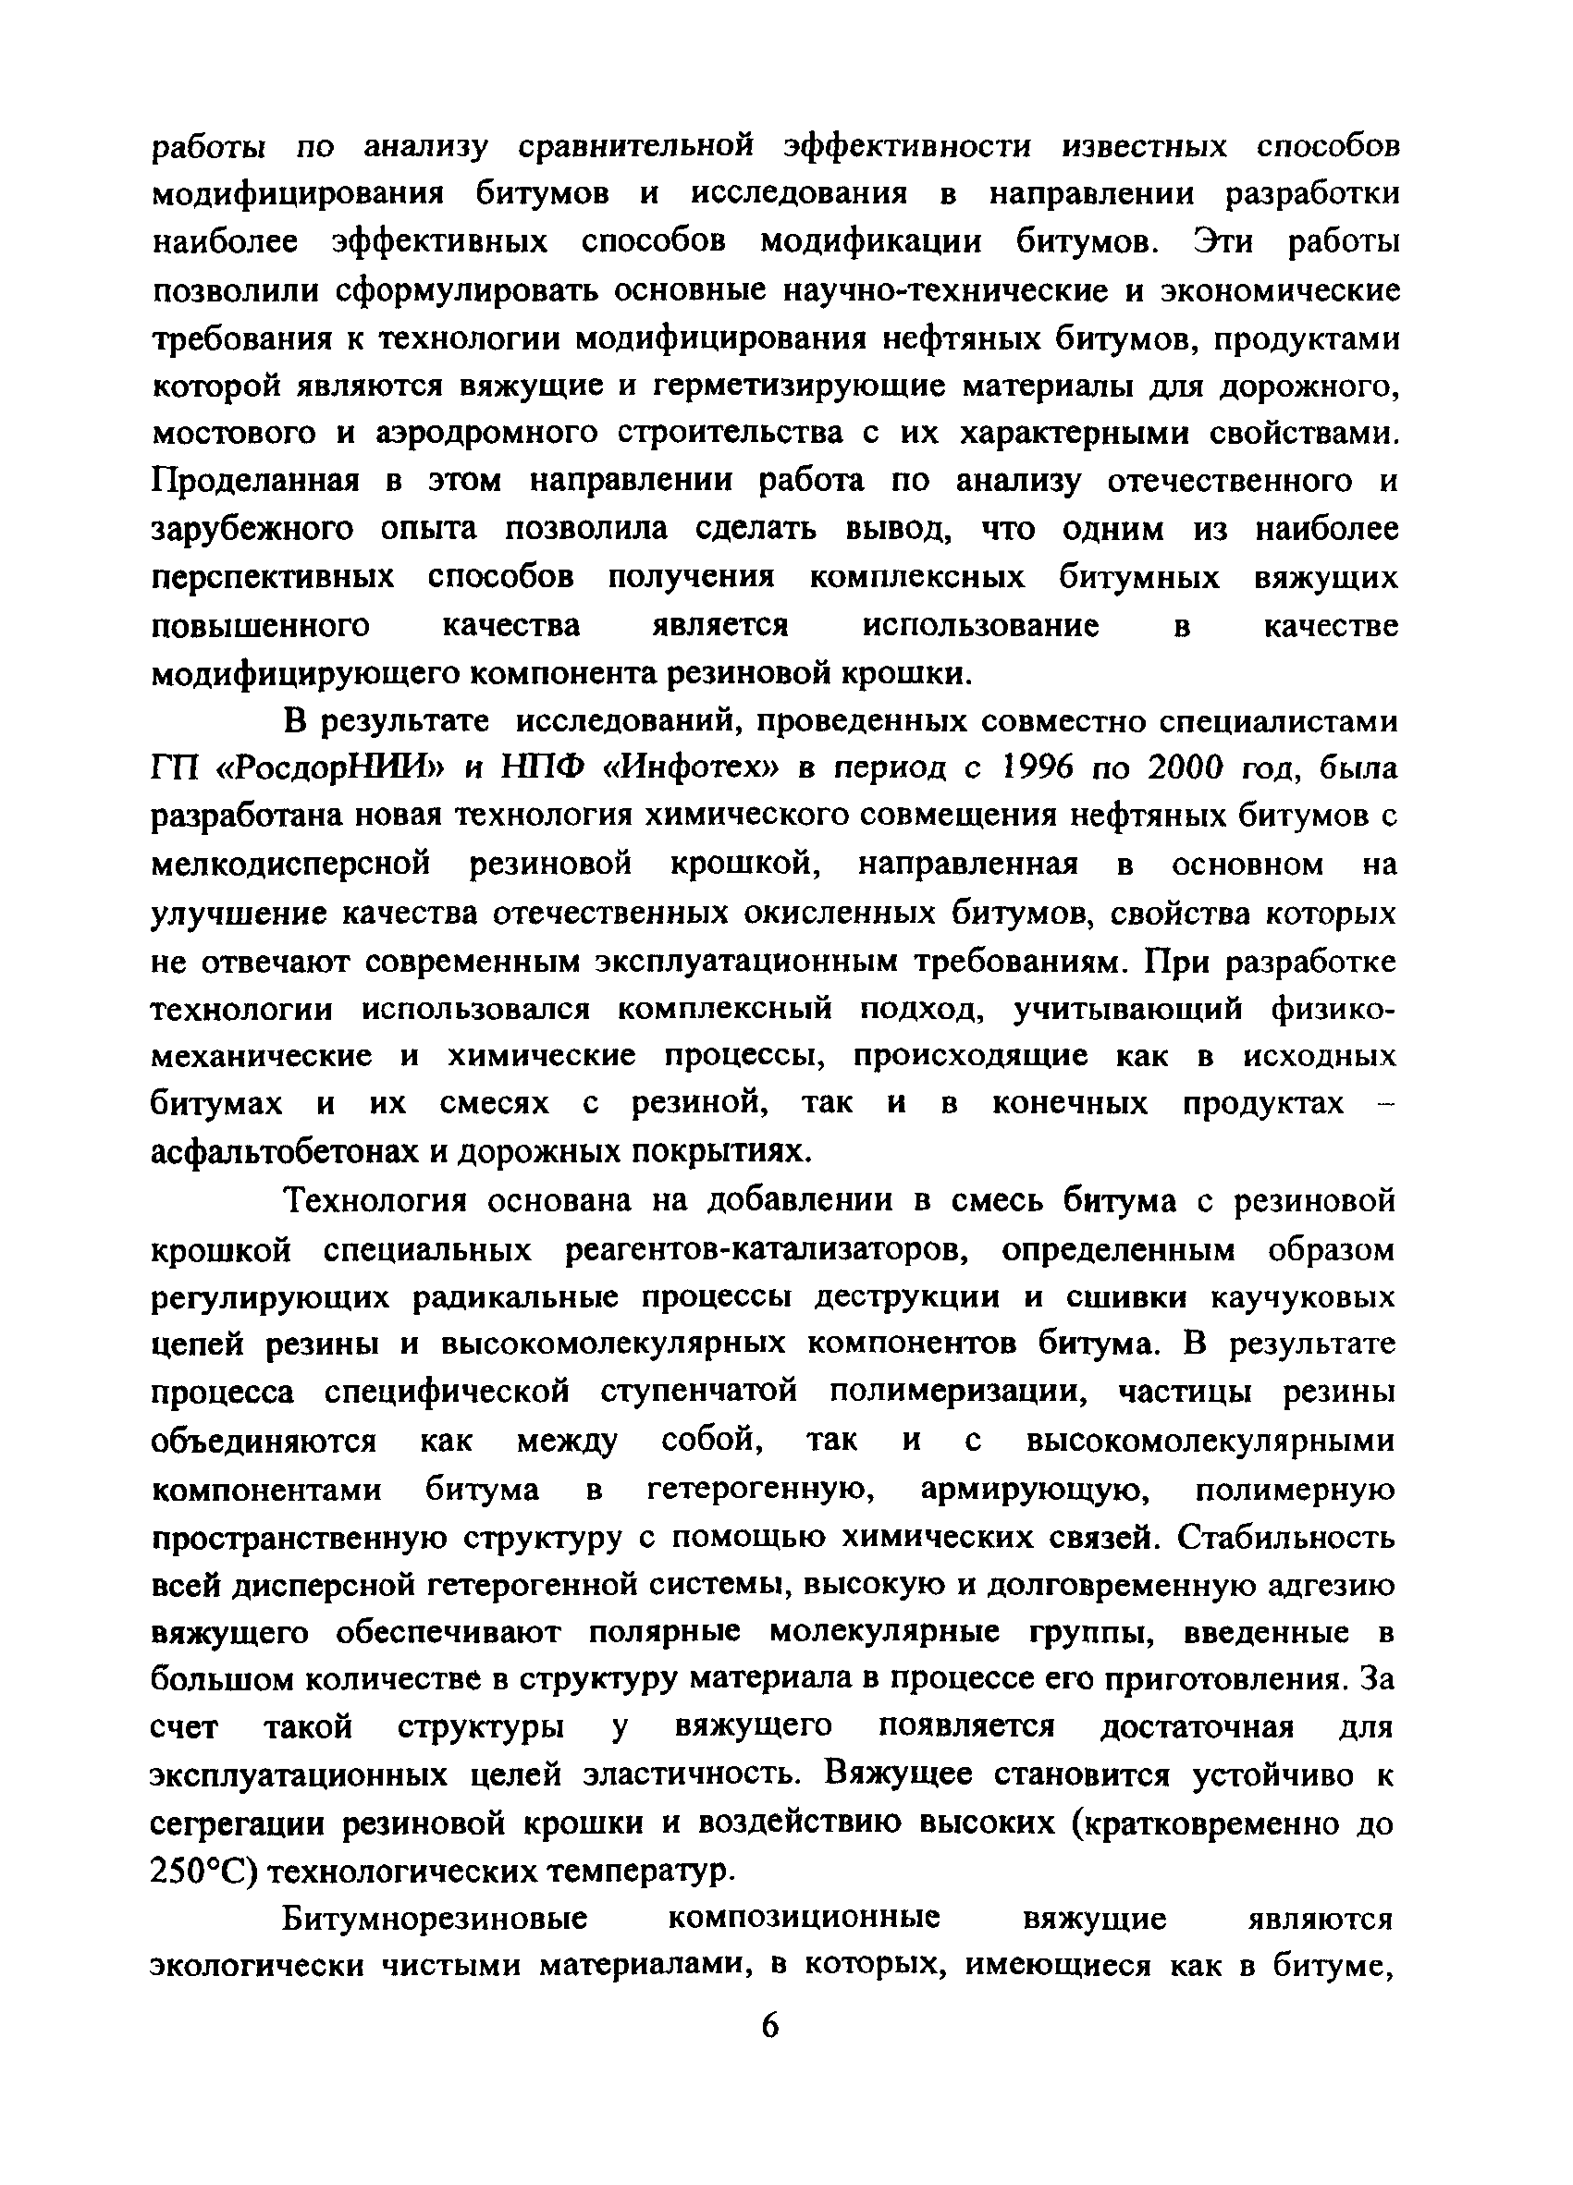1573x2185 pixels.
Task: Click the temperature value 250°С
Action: click(203, 1872)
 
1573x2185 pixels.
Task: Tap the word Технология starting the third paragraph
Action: click(375, 1200)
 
